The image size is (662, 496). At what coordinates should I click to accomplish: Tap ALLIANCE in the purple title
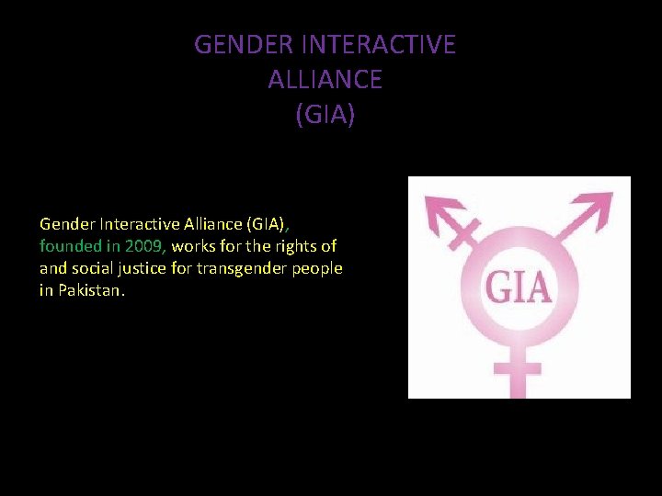pyautogui.click(x=325, y=80)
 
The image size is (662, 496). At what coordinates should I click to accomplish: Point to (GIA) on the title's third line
pyautogui.click(x=325, y=116)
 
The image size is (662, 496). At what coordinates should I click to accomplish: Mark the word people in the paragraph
pyautogui.click(x=319, y=268)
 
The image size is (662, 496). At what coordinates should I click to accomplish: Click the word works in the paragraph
pyautogui.click(x=191, y=246)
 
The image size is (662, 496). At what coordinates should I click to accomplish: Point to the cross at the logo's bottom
pyautogui.click(x=518, y=373)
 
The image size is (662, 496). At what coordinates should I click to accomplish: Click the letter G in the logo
pyautogui.click(x=500, y=287)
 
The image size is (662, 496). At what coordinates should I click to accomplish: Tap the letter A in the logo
pyautogui.click(x=540, y=287)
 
